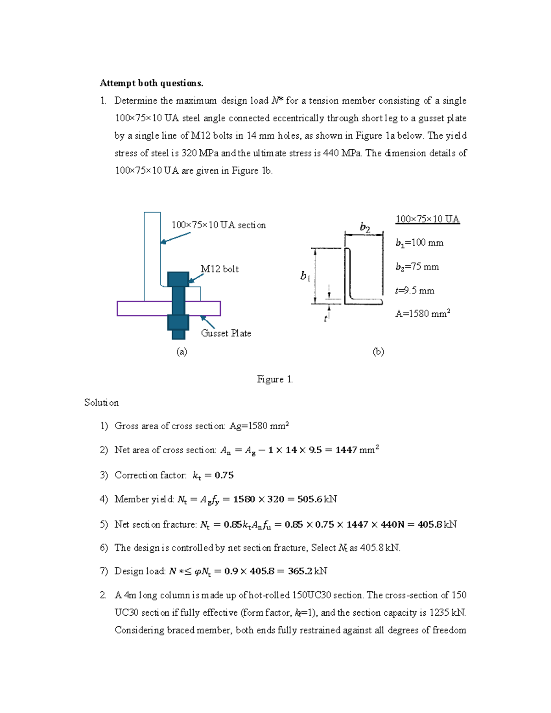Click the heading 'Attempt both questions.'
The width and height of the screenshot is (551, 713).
pos(151,83)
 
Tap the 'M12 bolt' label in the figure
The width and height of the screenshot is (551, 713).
pos(219,269)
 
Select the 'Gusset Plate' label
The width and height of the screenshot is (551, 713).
pos(226,333)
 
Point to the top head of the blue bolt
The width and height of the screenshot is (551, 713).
pos(178,279)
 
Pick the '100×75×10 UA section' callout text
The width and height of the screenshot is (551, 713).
pos(219,225)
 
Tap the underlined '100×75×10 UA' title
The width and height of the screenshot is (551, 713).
pos(427,219)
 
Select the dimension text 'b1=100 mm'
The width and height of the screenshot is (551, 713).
pos(419,243)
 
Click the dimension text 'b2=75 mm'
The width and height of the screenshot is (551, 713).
pos(417,267)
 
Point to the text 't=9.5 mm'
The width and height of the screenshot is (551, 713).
pos(415,291)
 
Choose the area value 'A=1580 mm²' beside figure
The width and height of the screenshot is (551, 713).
pos(422,314)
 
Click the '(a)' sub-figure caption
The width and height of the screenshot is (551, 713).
pos(182,352)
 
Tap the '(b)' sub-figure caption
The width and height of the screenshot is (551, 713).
pos(378,352)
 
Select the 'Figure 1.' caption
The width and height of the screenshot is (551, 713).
pos(275,379)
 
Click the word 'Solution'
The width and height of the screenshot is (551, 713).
pos(101,403)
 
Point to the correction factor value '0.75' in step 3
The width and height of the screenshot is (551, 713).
pos(224,476)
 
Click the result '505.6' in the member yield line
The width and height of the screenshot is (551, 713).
pos(310,500)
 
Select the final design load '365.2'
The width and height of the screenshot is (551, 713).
pos(300,572)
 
